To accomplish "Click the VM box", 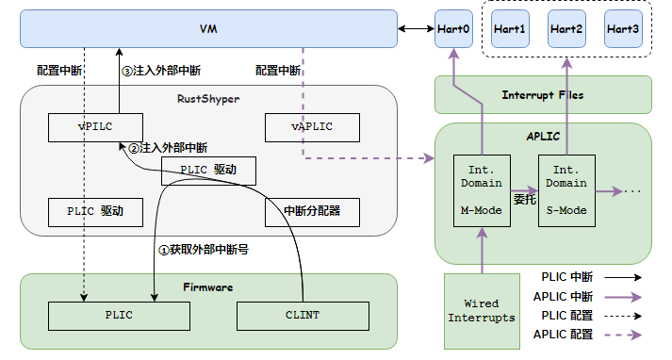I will click(x=208, y=29).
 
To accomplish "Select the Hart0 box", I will click(x=453, y=29).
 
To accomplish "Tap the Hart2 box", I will click(x=566, y=29).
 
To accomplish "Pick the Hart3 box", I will click(x=623, y=29).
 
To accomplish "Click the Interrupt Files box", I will click(x=542, y=95).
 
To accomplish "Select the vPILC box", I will click(x=95, y=126).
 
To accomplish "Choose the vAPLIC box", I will click(x=313, y=126).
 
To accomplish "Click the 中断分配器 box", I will click(x=313, y=212).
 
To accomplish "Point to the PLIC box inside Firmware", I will click(x=119, y=315).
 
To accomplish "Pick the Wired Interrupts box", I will click(x=483, y=310).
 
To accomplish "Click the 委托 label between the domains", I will click(x=525, y=200).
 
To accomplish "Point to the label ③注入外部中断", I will click(x=161, y=71).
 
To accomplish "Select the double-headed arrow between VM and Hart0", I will click(x=415, y=29).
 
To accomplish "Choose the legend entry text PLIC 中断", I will click(x=566, y=277).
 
